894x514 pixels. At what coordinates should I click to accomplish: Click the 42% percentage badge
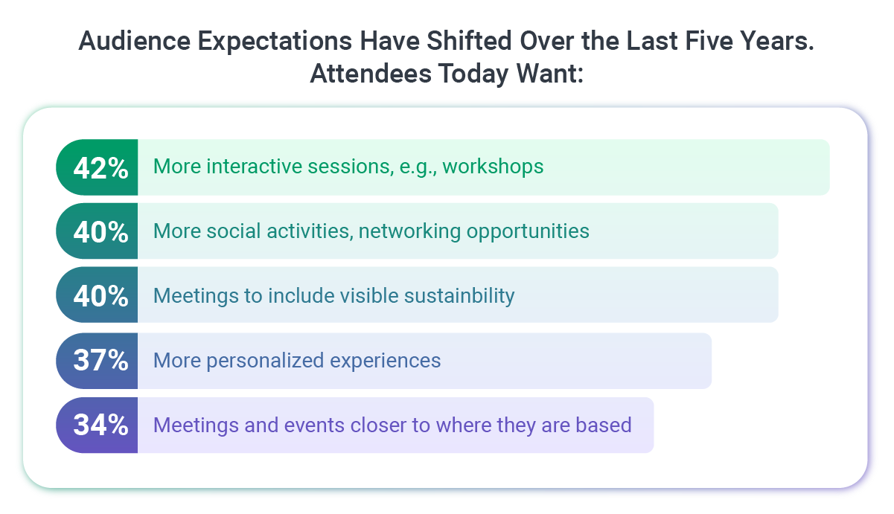(x=100, y=167)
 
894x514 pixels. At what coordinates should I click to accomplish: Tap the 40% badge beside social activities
(x=100, y=231)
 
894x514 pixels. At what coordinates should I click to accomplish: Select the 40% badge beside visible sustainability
(x=100, y=296)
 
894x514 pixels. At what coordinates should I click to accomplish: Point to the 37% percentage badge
(x=100, y=361)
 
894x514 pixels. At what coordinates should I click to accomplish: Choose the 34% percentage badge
(x=100, y=425)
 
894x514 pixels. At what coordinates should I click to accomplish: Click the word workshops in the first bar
(x=493, y=167)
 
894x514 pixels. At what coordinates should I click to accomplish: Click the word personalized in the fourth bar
(x=266, y=361)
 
